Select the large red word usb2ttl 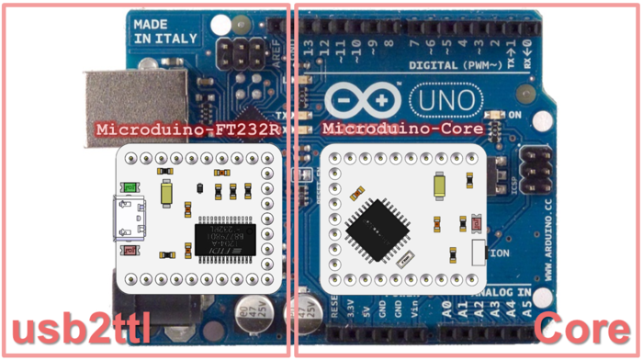coord(81,329)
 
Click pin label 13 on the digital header coord(309,46)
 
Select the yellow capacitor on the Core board coord(442,187)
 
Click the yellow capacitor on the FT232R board coord(166,193)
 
